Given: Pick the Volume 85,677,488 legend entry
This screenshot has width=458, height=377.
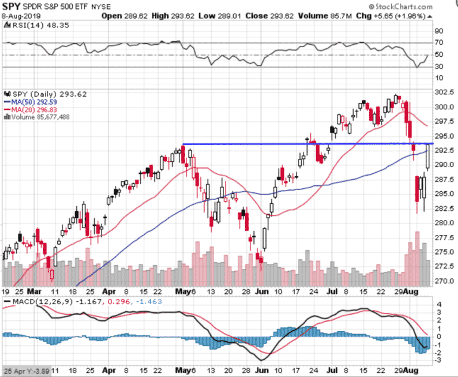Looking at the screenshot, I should click(38, 117).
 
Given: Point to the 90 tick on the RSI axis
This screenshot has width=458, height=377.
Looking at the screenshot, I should click(438, 31).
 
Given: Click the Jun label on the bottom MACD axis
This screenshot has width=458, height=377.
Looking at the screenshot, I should click(261, 370).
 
